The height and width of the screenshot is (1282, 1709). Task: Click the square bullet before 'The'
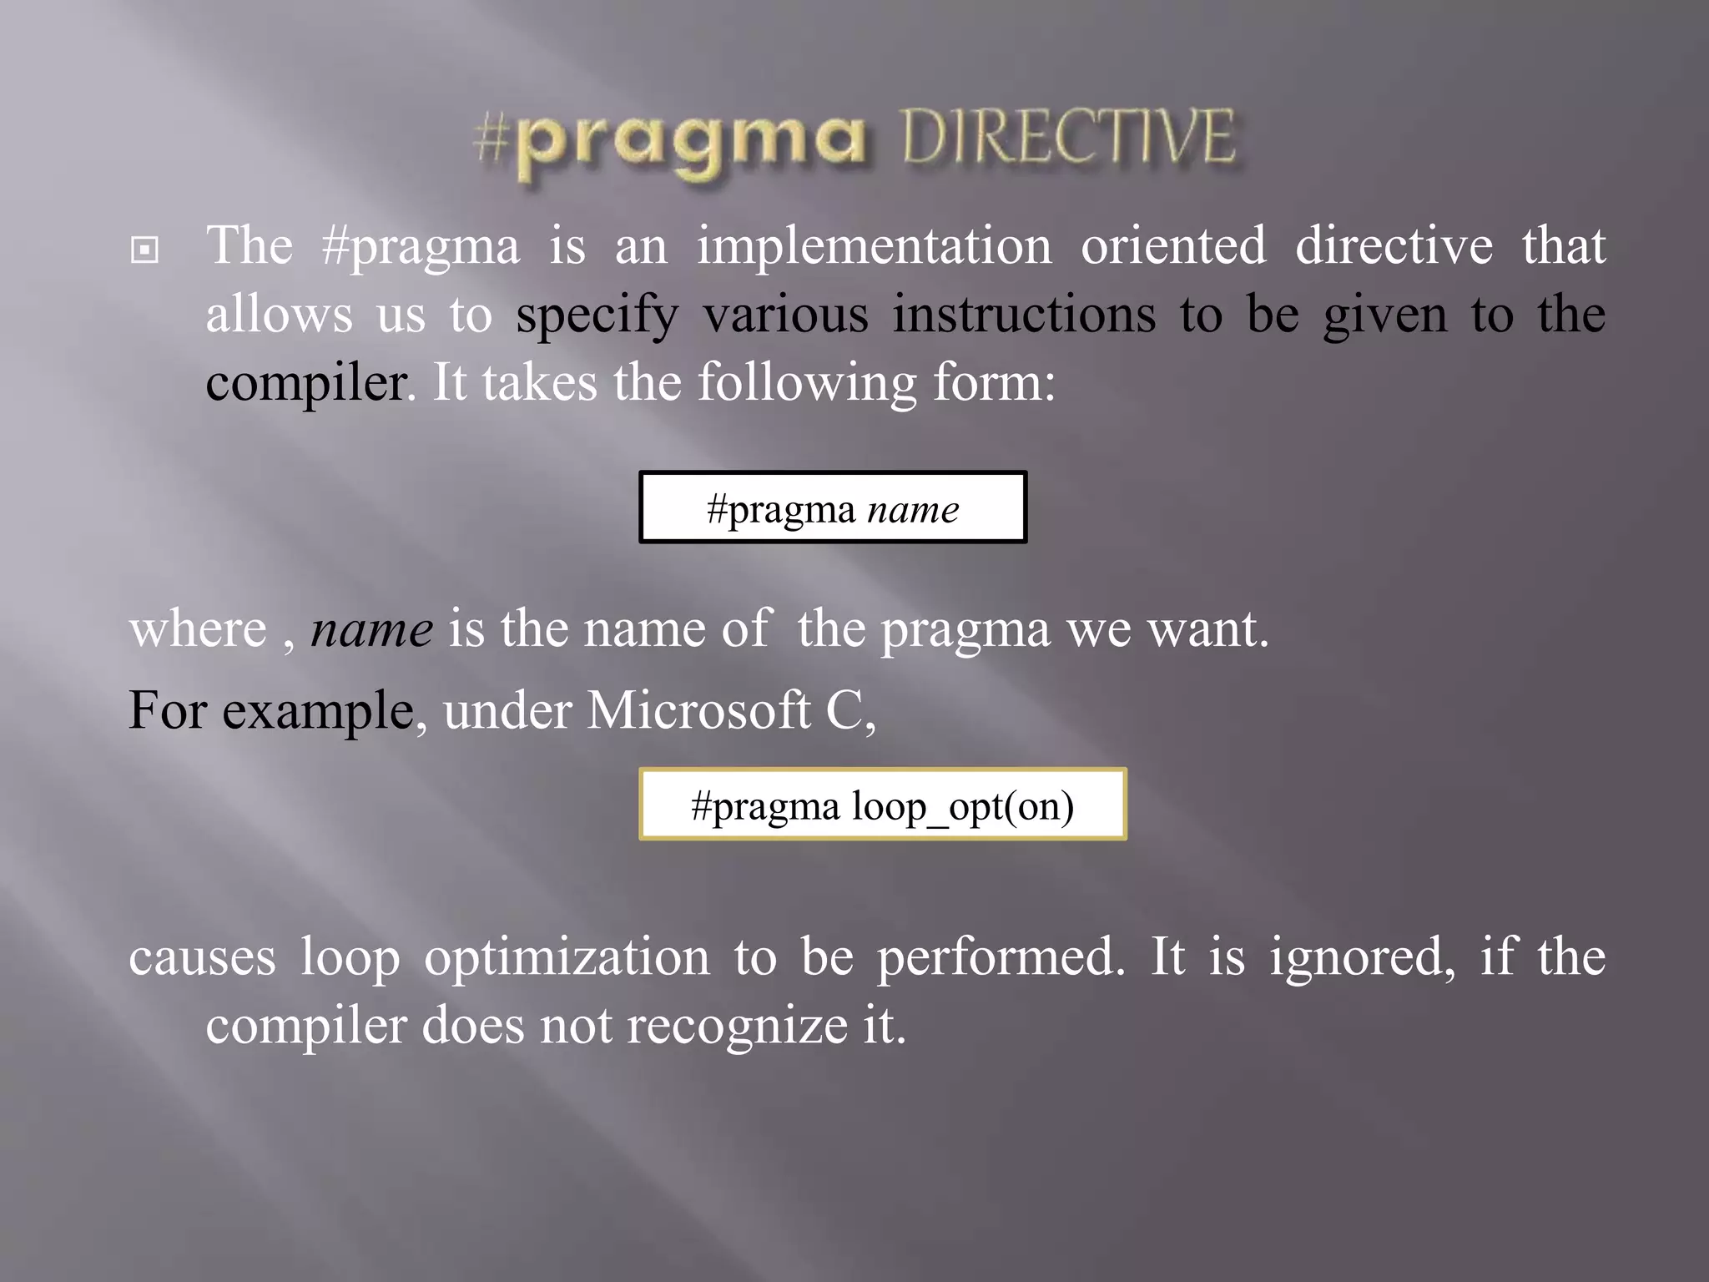144,249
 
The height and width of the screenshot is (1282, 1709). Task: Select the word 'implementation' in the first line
875,246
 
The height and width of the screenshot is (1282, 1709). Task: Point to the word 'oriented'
1173,246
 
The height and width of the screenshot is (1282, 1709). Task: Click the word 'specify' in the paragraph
597,316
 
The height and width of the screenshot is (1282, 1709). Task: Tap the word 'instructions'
1024,315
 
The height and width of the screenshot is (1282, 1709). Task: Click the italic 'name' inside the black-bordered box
913,509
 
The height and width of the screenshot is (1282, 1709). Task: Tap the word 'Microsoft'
698,710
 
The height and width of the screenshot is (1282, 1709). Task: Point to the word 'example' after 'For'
318,712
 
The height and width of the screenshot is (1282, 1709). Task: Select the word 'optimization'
567,957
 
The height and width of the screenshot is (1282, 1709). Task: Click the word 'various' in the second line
785,315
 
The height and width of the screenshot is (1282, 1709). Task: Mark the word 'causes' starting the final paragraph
202,957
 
